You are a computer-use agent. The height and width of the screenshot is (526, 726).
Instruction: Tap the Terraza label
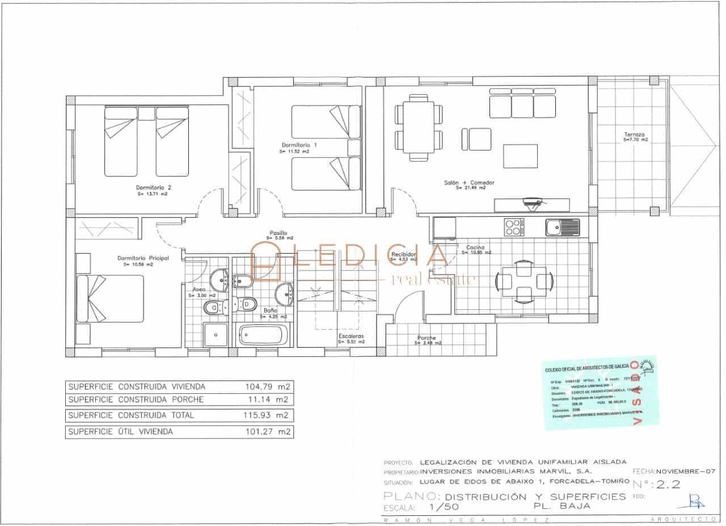pos(634,136)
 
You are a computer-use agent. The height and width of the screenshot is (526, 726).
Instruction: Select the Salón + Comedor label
pos(469,183)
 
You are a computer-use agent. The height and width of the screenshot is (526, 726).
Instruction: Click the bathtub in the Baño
pos(264,335)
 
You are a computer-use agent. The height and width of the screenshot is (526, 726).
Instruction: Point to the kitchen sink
pos(562,227)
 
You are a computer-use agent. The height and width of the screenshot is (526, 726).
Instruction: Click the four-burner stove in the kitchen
pos(514,227)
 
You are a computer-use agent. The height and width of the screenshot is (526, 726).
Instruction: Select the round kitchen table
pos(524,280)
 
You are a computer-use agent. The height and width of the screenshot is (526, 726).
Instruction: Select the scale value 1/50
pos(444,507)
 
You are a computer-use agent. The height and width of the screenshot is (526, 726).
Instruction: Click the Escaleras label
pos(351,336)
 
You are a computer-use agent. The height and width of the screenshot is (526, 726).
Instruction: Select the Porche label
pos(427,338)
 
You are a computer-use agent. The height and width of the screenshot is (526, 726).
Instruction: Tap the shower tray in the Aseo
pos(215,335)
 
